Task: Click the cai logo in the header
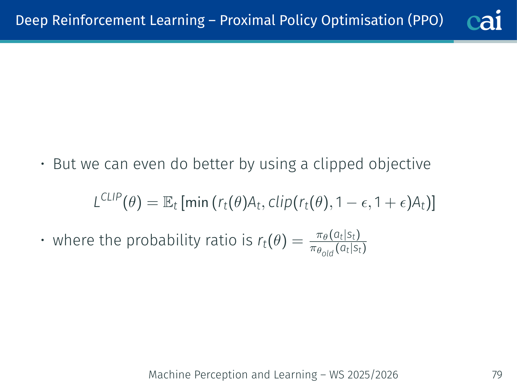(484, 20)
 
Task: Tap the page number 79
(497, 375)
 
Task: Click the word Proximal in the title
(247, 20)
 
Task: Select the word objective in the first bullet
(400, 165)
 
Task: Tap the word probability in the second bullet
(163, 241)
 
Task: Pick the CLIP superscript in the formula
(111, 197)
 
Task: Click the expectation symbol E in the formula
(168, 202)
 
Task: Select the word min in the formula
(197, 203)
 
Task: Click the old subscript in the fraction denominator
(328, 254)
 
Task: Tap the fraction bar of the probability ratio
(338, 242)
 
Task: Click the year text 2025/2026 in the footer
(373, 375)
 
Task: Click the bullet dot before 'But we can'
(42, 164)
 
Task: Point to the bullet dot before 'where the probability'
(42, 240)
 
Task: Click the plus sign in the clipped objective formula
(390, 203)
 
